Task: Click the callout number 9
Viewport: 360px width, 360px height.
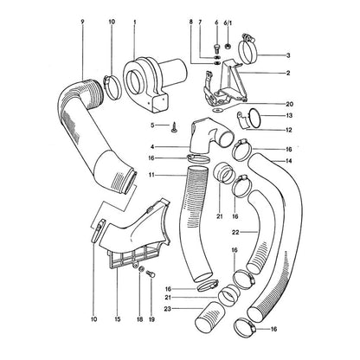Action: point(82,22)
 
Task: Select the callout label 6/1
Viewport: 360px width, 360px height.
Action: point(228,22)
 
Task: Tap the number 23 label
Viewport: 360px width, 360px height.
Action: point(167,309)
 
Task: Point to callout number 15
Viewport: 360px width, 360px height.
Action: point(117,319)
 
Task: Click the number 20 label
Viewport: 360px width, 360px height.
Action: point(289,104)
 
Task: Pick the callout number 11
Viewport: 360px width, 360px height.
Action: point(152,175)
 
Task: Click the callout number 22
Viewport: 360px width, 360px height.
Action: point(235,232)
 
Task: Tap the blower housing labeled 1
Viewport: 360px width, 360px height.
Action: point(154,84)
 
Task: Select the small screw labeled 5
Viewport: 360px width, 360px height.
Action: point(174,128)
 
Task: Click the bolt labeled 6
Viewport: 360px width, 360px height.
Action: point(217,48)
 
